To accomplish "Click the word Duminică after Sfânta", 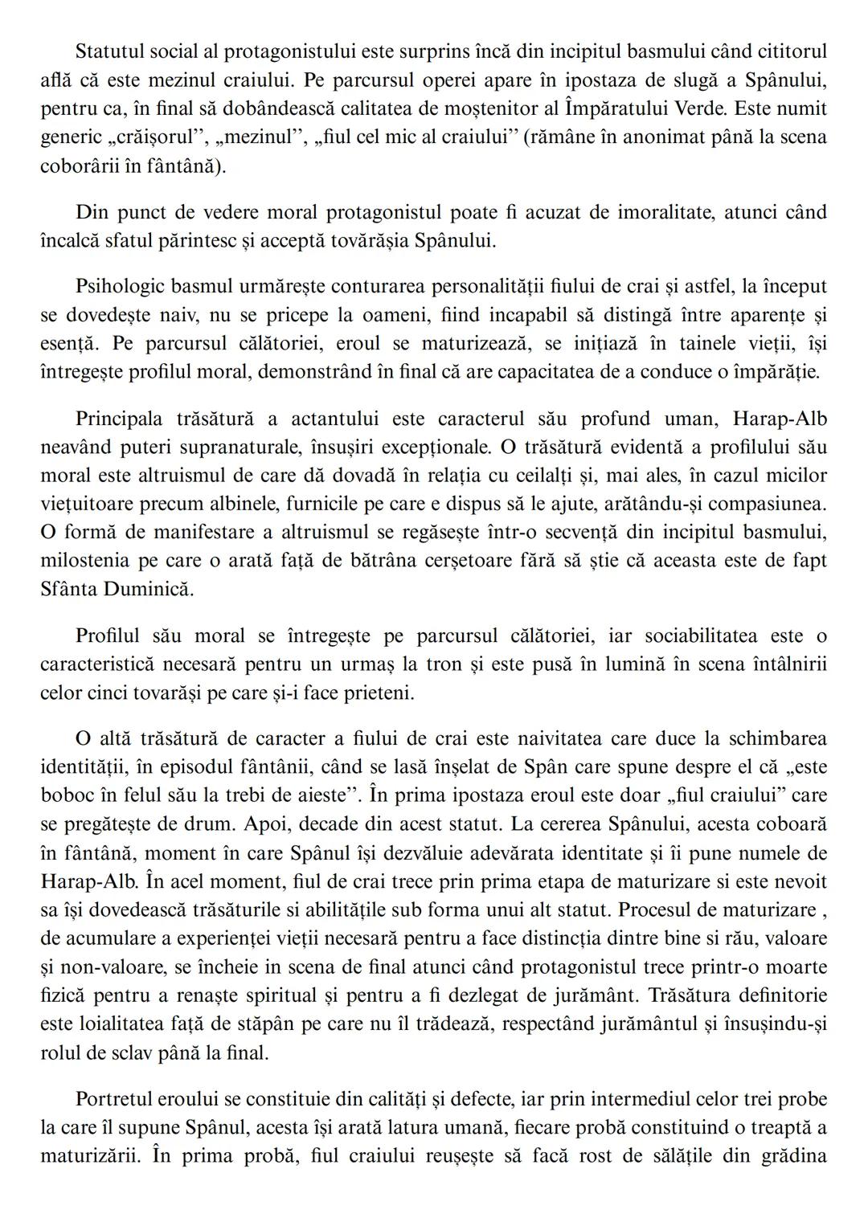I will pos(149,588).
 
